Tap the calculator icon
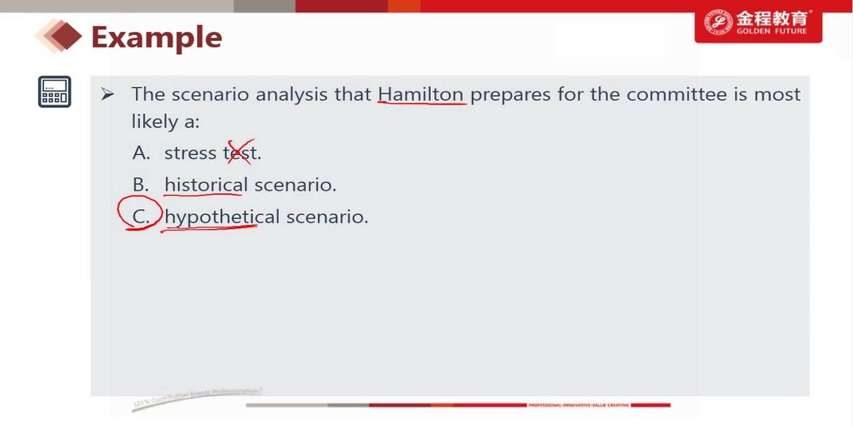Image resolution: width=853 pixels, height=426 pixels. [x=55, y=91]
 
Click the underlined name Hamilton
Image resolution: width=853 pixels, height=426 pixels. [x=420, y=94]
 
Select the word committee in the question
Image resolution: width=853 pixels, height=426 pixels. [x=677, y=94]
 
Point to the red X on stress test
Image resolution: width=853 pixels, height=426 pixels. [x=240, y=152]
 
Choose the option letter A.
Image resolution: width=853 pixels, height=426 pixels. [x=141, y=153]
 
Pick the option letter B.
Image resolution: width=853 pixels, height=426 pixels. [x=140, y=185]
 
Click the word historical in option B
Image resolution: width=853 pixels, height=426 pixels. [x=206, y=185]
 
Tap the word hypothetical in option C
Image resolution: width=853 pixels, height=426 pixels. [x=222, y=217]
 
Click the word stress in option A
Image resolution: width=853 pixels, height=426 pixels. [x=191, y=153]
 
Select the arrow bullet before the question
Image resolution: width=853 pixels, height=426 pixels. [x=107, y=94]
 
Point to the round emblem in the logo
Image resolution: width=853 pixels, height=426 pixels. [x=718, y=23]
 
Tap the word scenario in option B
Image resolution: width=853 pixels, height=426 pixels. [x=295, y=185]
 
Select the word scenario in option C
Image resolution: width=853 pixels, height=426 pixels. [x=327, y=217]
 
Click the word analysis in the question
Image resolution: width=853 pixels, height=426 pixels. [x=291, y=94]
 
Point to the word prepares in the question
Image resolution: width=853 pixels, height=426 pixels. [x=510, y=95]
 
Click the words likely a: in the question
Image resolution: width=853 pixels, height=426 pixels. [x=165, y=122]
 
